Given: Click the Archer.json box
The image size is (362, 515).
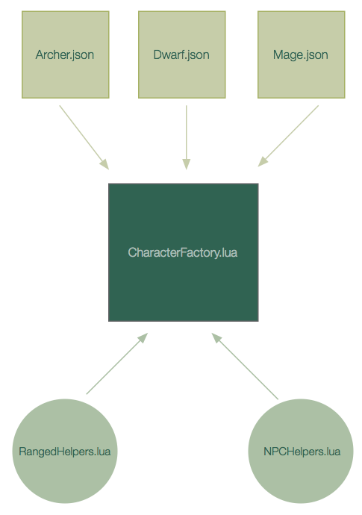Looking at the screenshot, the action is click(66, 54).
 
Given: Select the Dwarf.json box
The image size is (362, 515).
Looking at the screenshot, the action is click(181, 54).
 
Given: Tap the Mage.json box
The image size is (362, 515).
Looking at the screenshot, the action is click(302, 54).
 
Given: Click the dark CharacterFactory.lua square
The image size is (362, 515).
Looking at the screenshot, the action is click(184, 252).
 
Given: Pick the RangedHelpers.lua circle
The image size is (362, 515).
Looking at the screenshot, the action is click(65, 451).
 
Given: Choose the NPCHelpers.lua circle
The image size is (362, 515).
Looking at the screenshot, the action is click(301, 451).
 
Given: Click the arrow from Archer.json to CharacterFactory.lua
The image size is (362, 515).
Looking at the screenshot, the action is click(84, 137).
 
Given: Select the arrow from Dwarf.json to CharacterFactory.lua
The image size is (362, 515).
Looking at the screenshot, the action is click(187, 137).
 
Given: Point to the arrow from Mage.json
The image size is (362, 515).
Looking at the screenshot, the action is click(288, 136).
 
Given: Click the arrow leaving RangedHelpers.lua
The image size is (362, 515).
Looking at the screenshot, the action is click(117, 363).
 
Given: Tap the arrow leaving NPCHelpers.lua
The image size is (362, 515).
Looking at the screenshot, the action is click(245, 366).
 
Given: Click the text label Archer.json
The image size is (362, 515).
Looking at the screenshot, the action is click(65, 54).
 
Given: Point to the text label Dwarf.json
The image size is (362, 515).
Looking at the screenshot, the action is click(181, 54).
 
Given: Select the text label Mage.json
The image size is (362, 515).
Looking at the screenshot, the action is click(301, 54).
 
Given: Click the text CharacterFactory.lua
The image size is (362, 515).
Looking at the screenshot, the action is click(183, 252).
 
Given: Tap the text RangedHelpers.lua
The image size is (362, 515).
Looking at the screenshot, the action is click(65, 452).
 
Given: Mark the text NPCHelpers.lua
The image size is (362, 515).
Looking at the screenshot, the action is click(302, 452).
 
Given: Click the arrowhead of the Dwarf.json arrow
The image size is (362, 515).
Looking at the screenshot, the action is click(187, 164).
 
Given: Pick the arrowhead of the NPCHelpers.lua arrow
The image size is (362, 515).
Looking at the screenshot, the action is click(216, 338).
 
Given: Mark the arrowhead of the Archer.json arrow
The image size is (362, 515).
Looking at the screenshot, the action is click(104, 164).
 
